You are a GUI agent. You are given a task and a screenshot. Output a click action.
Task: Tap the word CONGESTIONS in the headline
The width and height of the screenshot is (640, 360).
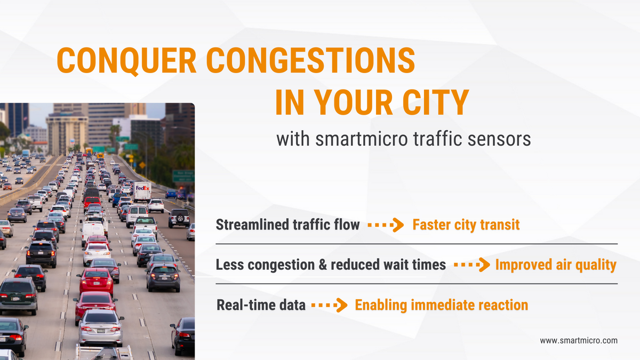pos(310,60)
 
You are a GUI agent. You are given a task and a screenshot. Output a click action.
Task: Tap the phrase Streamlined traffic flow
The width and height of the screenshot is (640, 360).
pos(287,225)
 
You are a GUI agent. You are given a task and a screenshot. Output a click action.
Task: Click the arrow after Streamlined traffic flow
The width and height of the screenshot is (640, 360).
pos(386,225)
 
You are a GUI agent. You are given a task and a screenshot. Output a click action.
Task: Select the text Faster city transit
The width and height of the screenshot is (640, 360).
pos(466,225)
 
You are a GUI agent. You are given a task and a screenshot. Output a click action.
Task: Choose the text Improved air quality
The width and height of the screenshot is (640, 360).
pos(556,265)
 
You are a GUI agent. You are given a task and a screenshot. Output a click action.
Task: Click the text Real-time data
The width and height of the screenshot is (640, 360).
pos(261,305)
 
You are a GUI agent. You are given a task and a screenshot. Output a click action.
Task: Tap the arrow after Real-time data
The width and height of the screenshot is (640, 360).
pos(329,306)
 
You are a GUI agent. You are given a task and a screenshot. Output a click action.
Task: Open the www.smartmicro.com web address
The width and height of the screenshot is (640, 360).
pos(578,340)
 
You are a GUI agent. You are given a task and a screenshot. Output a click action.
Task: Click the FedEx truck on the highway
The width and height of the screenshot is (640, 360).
pos(142,190)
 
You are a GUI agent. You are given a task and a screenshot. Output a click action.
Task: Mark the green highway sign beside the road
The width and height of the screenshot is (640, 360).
pos(183,176)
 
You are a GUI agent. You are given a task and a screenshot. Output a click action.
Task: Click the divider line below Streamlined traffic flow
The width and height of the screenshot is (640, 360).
pos(416,244)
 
